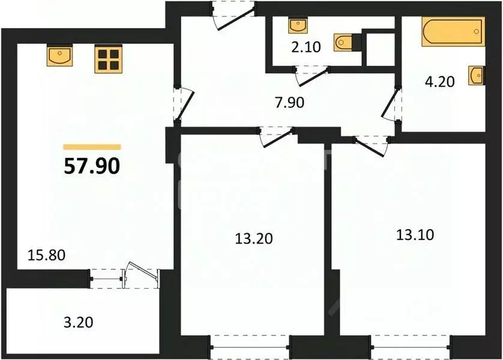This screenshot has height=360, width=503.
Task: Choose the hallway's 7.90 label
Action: click(x=289, y=103)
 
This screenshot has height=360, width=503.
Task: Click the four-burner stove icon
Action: click(x=108, y=59)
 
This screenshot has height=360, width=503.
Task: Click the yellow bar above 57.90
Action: click(x=92, y=146)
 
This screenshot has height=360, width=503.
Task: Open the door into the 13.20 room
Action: click(x=277, y=134)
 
